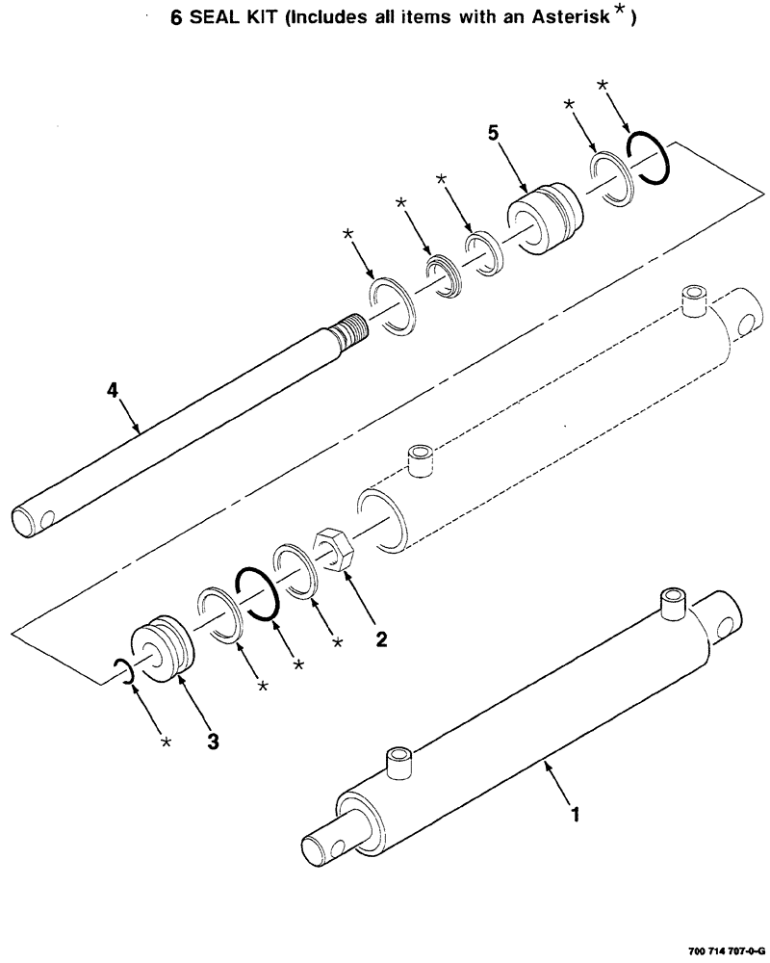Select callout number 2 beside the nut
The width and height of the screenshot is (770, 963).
tap(382, 638)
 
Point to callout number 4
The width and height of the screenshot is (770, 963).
tap(113, 390)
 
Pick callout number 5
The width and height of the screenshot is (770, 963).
tap(493, 134)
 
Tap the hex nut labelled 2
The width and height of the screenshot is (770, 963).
tap(334, 553)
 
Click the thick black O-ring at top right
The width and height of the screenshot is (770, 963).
tap(648, 158)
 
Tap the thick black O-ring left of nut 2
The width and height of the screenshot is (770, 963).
tap(256, 594)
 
